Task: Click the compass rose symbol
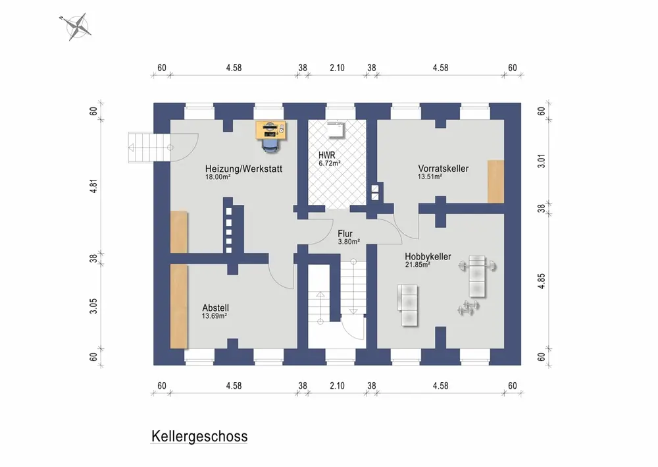[x=78, y=26]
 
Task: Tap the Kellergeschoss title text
[x=199, y=436]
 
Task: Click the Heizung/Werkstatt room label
[x=243, y=169]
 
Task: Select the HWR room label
[x=326, y=156]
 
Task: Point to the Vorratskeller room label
[x=443, y=169]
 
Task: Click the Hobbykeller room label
[x=428, y=256]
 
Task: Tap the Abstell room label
[x=216, y=308]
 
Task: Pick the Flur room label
[x=345, y=233]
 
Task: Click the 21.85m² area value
[x=418, y=265]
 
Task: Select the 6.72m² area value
[x=329, y=163]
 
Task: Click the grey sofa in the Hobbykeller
[x=408, y=305]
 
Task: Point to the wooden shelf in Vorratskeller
[x=495, y=181]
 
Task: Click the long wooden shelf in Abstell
[x=178, y=306]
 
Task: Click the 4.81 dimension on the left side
[x=94, y=186]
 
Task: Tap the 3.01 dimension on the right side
[x=541, y=161]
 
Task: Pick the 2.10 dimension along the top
[x=337, y=67]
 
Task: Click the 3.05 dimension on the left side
[x=94, y=306]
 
